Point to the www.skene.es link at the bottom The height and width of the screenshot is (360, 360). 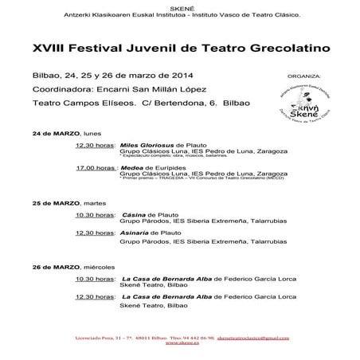point(179,348)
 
